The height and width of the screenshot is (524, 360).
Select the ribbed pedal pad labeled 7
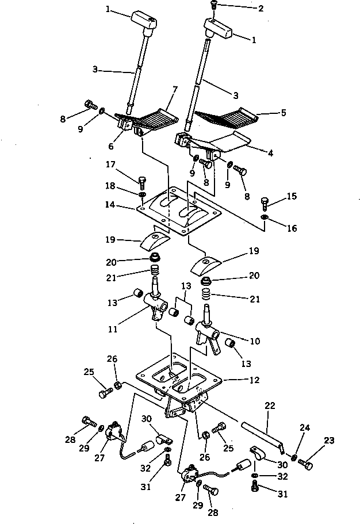point(154,119)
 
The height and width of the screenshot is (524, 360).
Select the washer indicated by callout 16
point(264,218)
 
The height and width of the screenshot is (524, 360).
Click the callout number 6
point(111,146)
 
